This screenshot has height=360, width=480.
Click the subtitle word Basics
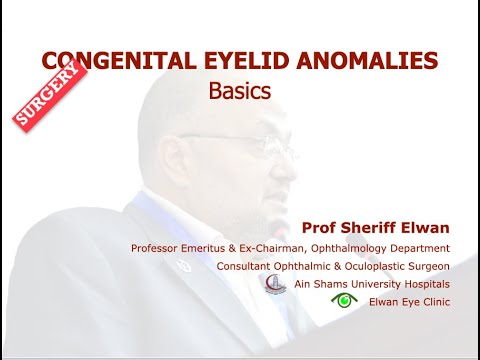tap(240, 90)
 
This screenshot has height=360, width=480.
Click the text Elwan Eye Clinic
tap(409, 301)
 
